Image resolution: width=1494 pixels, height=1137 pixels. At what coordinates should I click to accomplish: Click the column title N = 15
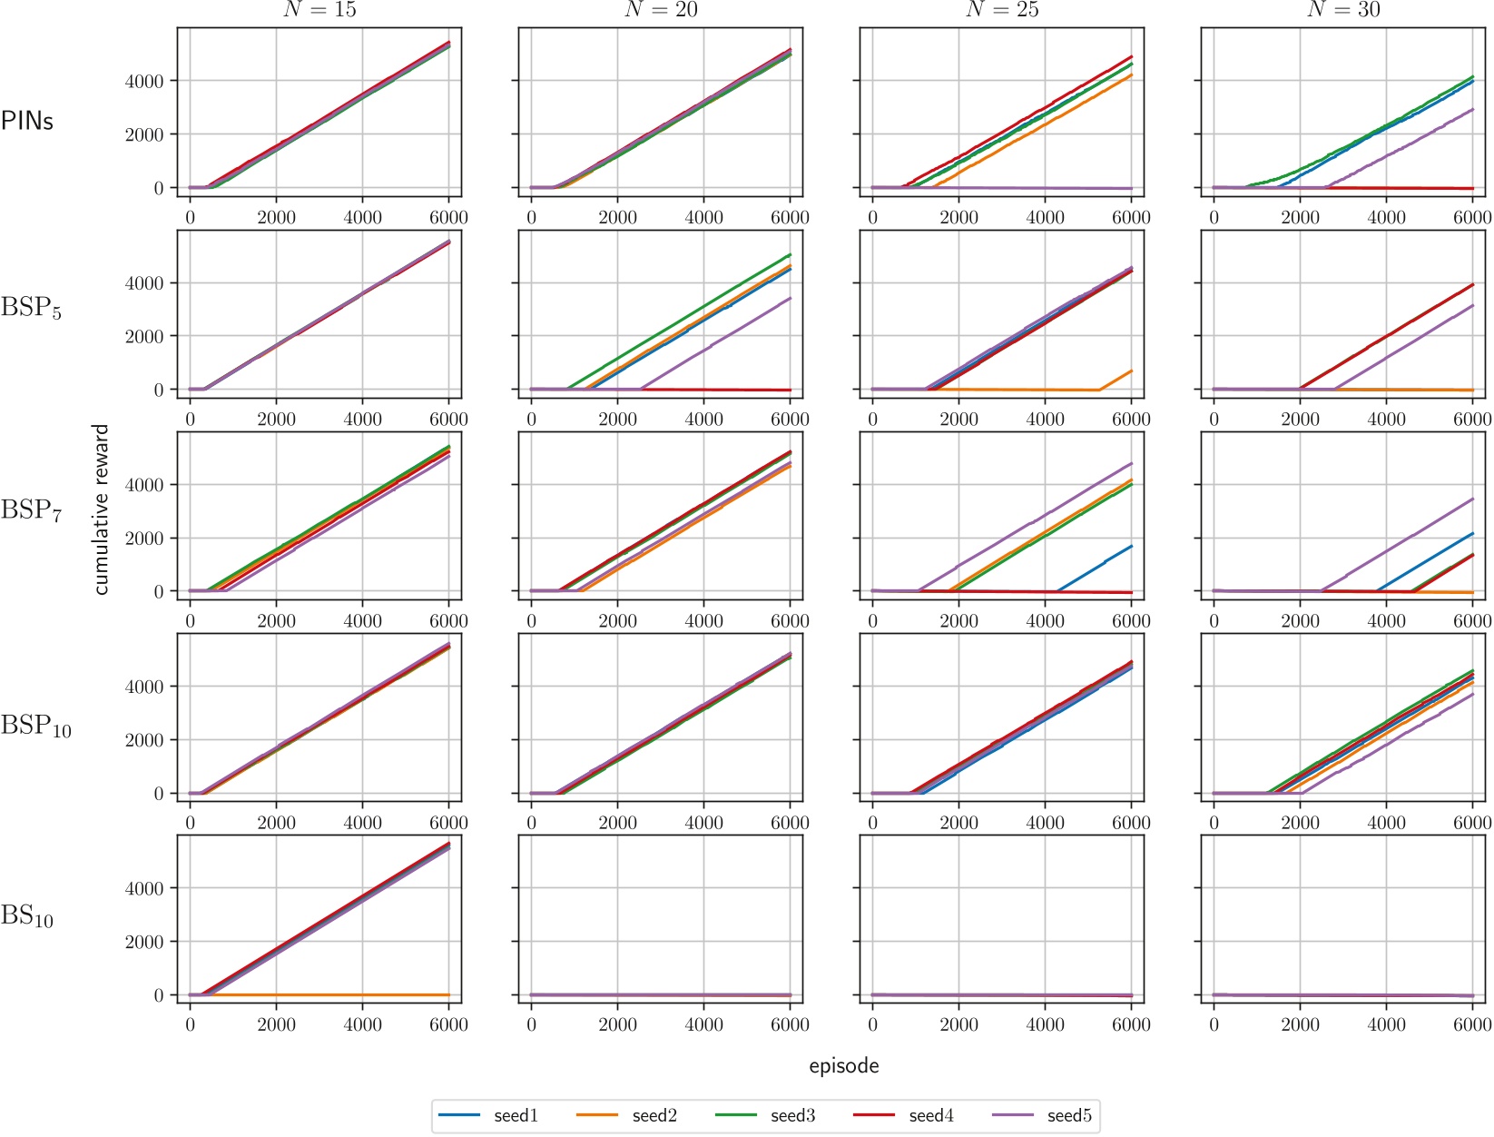pos(319,10)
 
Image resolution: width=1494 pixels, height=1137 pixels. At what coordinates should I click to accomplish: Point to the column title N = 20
pos(661,10)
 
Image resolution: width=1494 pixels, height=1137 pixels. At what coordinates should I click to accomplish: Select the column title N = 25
pos(1002,10)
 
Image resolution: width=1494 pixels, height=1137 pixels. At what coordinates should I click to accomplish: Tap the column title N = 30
pos(1343,10)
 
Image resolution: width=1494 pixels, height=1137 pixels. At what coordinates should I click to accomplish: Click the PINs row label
pos(27,121)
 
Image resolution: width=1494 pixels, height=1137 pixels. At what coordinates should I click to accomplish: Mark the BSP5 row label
pos(31,308)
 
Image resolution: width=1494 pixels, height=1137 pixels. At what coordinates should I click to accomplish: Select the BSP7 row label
pos(31,510)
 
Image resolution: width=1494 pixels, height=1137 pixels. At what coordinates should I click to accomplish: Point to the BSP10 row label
pos(35,726)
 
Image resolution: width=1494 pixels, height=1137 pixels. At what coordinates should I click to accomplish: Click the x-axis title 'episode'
pos(844,1065)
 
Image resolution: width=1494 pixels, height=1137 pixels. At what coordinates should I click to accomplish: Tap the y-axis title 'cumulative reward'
pos(101,509)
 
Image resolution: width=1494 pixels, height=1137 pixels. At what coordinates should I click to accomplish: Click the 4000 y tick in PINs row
pos(145,81)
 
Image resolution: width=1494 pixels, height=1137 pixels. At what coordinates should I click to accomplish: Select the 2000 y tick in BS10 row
pos(145,942)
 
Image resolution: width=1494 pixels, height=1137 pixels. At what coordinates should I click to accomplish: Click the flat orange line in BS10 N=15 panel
pos(363,994)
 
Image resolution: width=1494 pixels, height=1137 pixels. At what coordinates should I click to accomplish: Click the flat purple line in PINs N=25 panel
pos(1044,188)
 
